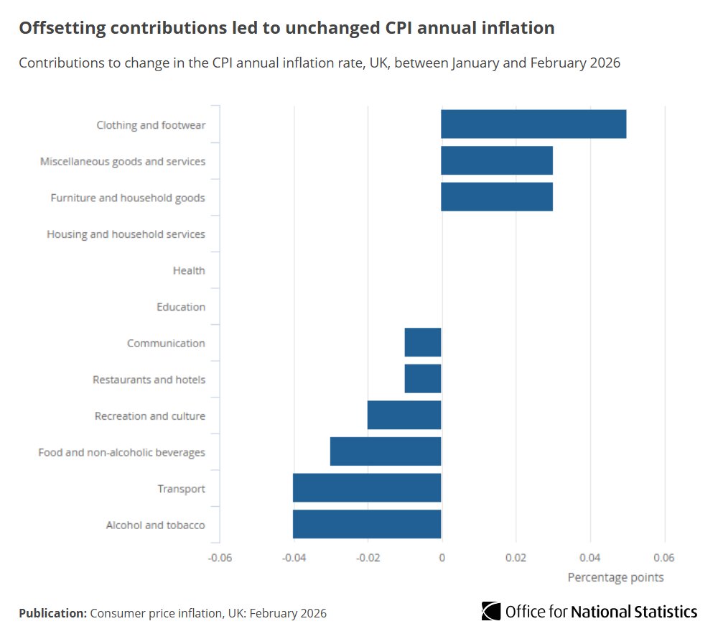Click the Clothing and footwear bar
click(533, 124)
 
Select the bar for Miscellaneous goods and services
click(497, 161)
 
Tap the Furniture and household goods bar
click(497, 197)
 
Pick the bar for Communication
click(423, 342)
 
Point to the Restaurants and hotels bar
click(423, 379)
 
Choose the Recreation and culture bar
click(404, 415)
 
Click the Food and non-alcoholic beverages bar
click(386, 451)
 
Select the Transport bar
click(367, 488)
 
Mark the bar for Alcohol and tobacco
click(367, 525)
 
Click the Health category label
click(189, 270)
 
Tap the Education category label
click(181, 307)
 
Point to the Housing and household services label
click(126, 234)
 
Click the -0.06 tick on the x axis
click(219, 557)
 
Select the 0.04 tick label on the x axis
click(590, 557)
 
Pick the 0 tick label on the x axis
click(442, 557)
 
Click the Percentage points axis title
click(615, 577)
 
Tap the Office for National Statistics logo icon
click(491, 611)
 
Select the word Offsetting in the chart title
click(62, 28)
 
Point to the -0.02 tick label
click(367, 557)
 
